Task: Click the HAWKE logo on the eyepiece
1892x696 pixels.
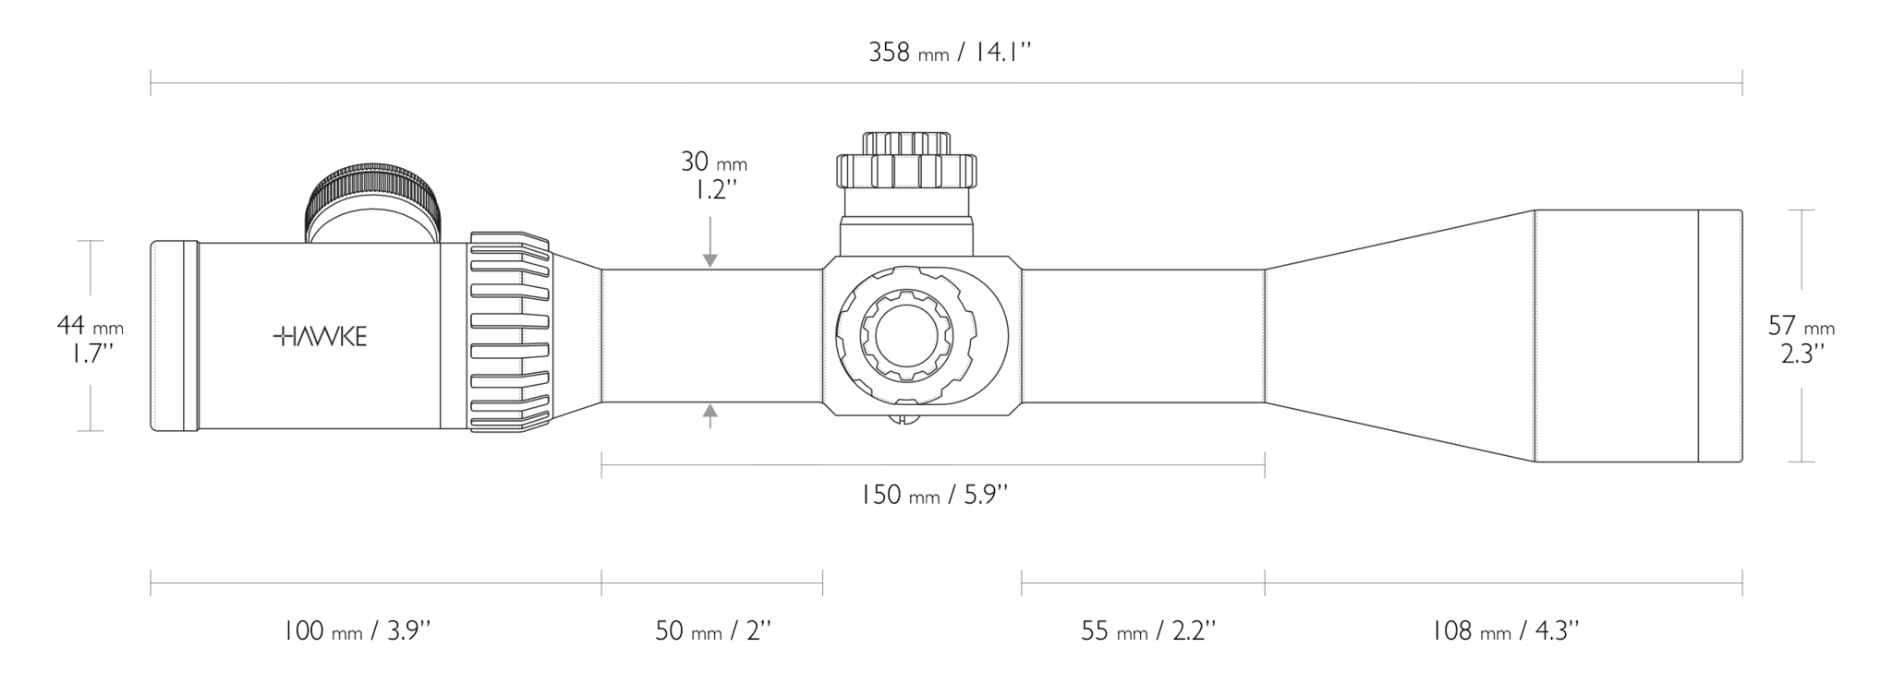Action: pyautogui.click(x=320, y=337)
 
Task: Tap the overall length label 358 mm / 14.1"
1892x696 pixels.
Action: pyautogui.click(x=949, y=52)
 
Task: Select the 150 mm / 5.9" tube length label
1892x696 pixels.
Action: pyautogui.click(x=933, y=495)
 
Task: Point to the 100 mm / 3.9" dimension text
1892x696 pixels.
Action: pyautogui.click(x=357, y=631)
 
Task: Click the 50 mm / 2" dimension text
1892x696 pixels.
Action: pyautogui.click(x=713, y=631)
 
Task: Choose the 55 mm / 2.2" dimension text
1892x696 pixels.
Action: pyautogui.click(x=1148, y=631)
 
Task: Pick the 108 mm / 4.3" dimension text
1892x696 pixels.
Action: pyautogui.click(x=1505, y=631)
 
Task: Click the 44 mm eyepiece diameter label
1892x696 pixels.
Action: pyautogui.click(x=90, y=339)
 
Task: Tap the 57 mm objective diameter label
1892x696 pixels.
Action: pyautogui.click(x=1801, y=339)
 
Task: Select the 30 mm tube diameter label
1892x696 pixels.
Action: pyautogui.click(x=714, y=175)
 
